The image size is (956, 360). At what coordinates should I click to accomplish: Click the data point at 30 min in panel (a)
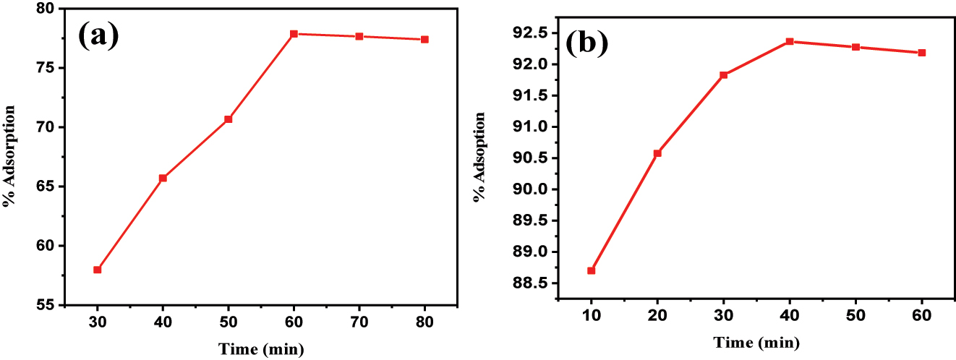pyautogui.click(x=97, y=270)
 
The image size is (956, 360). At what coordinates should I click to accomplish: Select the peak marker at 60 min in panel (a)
pyautogui.click(x=294, y=34)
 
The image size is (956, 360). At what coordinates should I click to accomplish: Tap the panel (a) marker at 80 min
pyautogui.click(x=424, y=39)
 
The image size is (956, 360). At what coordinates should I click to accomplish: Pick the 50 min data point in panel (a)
pyautogui.click(x=229, y=119)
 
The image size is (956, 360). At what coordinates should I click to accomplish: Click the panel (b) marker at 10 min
pyautogui.click(x=591, y=270)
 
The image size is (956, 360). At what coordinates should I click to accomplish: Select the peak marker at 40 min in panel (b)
pyautogui.click(x=790, y=41)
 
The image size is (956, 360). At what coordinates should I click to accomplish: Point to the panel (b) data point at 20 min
pyautogui.click(x=657, y=153)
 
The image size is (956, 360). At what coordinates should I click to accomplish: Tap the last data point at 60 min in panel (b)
pyautogui.click(x=922, y=53)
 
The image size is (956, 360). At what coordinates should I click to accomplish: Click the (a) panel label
pyautogui.click(x=98, y=34)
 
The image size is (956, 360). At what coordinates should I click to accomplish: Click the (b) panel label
pyautogui.click(x=586, y=44)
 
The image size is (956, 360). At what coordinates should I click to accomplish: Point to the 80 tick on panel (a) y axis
pyautogui.click(x=44, y=9)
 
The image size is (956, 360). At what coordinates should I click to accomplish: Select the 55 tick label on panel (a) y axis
pyautogui.click(x=44, y=304)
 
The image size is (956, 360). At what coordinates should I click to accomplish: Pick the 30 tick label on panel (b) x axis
pyautogui.click(x=723, y=315)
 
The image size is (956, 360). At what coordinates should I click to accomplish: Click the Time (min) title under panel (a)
pyautogui.click(x=261, y=349)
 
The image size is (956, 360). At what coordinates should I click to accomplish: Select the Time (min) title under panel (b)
pyautogui.click(x=756, y=341)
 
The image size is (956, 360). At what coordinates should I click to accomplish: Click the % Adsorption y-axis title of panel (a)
pyautogui.click(x=10, y=156)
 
